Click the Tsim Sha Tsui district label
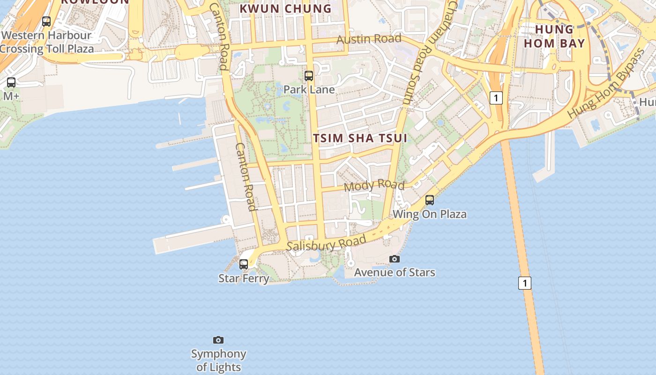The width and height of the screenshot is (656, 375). [x=360, y=138]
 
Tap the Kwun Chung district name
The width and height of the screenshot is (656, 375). [x=285, y=8]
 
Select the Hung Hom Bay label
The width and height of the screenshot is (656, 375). [x=554, y=37]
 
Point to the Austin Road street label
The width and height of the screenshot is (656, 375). [x=369, y=39]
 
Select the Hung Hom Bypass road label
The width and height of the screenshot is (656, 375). [x=606, y=84]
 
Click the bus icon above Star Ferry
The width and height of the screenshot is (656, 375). [x=244, y=264]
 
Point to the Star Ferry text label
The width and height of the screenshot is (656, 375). [x=244, y=278]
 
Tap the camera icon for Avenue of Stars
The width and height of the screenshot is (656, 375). [x=395, y=259]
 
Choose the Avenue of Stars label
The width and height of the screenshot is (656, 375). [x=395, y=272]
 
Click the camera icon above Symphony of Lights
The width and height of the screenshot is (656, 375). [x=218, y=340]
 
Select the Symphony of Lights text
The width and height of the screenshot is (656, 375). [x=219, y=360]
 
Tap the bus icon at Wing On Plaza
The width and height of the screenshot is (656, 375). [x=430, y=200]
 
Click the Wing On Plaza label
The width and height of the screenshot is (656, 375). [x=430, y=214]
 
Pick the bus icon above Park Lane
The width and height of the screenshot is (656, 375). [x=309, y=75]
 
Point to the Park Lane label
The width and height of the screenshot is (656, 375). [x=309, y=90]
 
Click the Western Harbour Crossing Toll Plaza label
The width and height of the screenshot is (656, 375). [x=46, y=42]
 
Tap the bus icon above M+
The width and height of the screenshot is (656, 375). [x=11, y=82]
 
